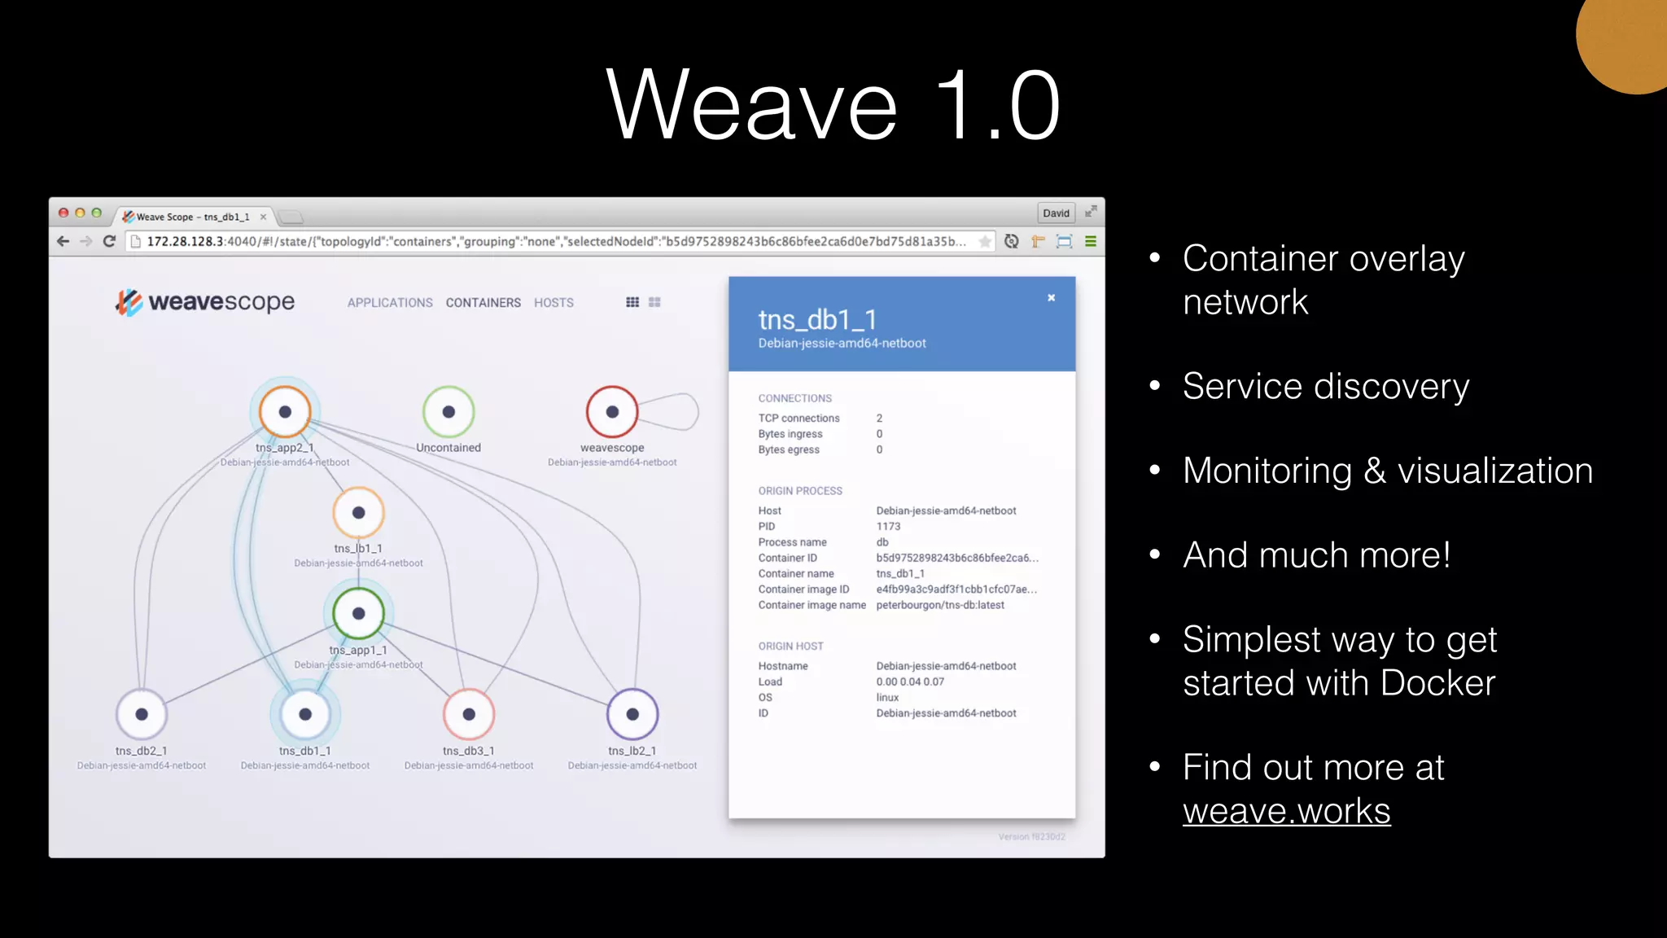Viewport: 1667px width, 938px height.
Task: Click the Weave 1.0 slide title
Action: click(x=833, y=106)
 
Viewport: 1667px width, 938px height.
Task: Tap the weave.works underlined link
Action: click(x=1286, y=811)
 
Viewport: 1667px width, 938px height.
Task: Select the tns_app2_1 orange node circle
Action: click(x=285, y=412)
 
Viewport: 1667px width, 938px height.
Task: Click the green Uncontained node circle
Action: click(x=448, y=412)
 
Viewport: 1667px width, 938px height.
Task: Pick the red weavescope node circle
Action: click(x=612, y=412)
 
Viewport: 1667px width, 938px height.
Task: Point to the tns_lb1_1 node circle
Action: click(x=358, y=513)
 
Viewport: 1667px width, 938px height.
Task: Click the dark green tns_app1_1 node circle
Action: click(x=358, y=614)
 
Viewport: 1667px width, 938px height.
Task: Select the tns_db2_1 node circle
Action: click(x=142, y=715)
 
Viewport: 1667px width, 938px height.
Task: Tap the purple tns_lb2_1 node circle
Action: click(x=632, y=715)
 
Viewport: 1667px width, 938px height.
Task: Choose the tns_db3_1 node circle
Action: click(x=469, y=715)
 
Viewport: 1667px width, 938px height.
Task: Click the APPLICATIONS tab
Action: click(x=390, y=303)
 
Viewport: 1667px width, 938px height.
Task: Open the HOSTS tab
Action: click(x=553, y=303)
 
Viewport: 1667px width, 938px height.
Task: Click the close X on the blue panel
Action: click(x=1051, y=298)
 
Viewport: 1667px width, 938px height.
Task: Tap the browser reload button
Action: click(x=109, y=242)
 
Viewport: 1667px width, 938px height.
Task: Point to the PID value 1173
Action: click(x=888, y=527)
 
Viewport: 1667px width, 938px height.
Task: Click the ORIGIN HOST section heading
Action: click(x=790, y=647)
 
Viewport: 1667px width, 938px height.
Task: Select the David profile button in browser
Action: click(x=1056, y=213)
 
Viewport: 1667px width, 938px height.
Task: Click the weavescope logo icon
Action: click(x=129, y=302)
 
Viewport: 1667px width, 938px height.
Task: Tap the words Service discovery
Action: click(x=1325, y=386)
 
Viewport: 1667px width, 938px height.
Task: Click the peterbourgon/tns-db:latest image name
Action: click(x=940, y=605)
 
